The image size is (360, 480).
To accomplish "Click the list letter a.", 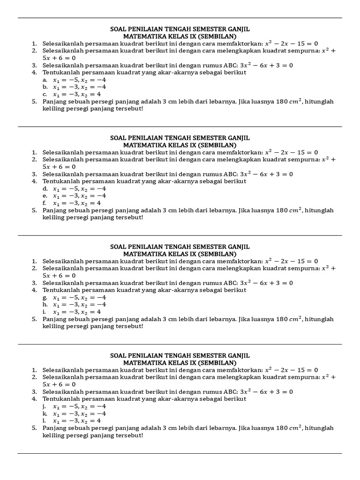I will pyautogui.click(x=45, y=80).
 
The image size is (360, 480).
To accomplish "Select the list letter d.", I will pyautogui.click(x=45, y=188).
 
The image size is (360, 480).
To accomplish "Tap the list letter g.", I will pyautogui.click(x=45, y=297).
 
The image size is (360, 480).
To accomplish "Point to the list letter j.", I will pyautogui.click(x=44, y=406).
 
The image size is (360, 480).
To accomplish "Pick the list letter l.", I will pyautogui.click(x=44, y=420).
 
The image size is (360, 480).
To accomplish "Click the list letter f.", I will pyautogui.click(x=44, y=203).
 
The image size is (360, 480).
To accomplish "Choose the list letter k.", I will pyautogui.click(x=45, y=413).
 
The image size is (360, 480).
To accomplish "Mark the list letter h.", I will pyautogui.click(x=45, y=305).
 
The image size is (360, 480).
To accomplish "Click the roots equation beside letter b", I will pyautogui.click(x=79, y=87).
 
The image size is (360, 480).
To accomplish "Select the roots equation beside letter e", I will pyautogui.click(x=79, y=196).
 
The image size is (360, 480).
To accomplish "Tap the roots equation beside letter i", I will pyautogui.click(x=77, y=312).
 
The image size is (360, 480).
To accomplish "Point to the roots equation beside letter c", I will pyautogui.click(x=77, y=94).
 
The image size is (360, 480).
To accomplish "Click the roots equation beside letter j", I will pyautogui.click(x=79, y=406).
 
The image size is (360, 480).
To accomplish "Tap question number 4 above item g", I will pyautogui.click(x=34, y=290).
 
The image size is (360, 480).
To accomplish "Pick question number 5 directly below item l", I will pyautogui.click(x=34, y=428).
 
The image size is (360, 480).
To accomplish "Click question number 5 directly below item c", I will pyautogui.click(x=34, y=101).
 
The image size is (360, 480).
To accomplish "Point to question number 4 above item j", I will pyautogui.click(x=34, y=399).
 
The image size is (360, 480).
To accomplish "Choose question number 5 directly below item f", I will pyautogui.click(x=34, y=210).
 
